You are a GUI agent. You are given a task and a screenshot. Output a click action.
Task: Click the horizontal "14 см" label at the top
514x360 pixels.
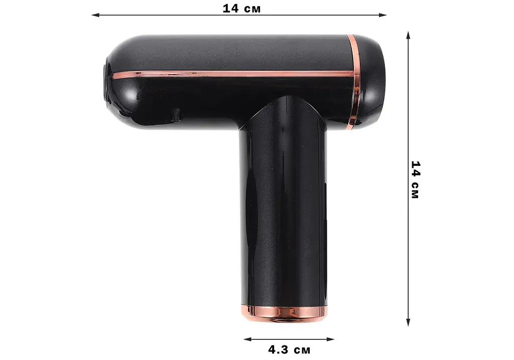coord(241,9)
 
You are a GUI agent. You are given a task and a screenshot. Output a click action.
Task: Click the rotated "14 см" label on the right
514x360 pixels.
coord(415,180)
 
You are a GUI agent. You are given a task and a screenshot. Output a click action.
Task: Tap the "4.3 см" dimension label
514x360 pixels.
coord(289,350)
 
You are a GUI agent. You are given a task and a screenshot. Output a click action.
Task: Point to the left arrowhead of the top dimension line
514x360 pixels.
coord(95,15)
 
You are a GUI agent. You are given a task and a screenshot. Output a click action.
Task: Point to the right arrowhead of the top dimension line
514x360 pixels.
coord(383,15)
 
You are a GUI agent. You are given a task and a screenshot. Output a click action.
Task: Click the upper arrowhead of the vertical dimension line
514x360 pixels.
coord(408,36)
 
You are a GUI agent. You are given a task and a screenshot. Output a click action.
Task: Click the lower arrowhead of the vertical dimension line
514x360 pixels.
coord(408,322)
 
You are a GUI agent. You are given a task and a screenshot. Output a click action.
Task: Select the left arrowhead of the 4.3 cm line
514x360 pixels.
coord(247,339)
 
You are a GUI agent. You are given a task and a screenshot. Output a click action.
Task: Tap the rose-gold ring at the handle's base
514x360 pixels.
coord(284,313)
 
